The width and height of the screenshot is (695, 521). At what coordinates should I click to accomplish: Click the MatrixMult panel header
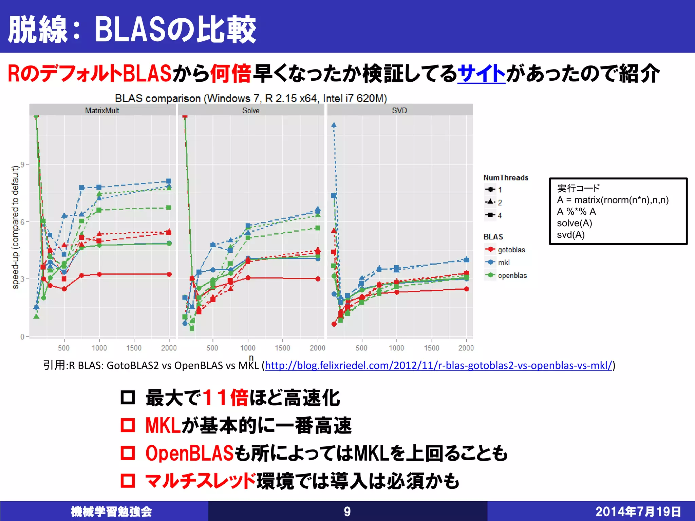(x=102, y=110)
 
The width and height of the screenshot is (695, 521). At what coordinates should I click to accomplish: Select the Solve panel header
(x=251, y=110)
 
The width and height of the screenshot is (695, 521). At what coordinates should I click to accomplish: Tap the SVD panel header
(x=399, y=110)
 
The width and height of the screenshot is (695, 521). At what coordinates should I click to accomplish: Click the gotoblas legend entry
(x=511, y=250)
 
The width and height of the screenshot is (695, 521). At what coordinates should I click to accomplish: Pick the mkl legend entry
(x=504, y=263)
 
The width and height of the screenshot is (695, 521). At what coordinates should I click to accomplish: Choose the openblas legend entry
(x=512, y=275)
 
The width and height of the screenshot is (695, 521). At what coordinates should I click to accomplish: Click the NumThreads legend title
(x=506, y=177)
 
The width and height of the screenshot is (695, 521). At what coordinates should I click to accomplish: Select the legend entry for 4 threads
(x=500, y=215)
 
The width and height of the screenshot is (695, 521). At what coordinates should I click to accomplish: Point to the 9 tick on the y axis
(x=22, y=165)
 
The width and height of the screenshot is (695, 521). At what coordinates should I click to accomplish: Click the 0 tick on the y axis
(x=22, y=336)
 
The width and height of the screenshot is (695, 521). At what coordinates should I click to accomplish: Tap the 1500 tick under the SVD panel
(x=431, y=348)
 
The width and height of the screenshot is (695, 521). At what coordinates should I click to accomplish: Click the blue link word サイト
(x=481, y=74)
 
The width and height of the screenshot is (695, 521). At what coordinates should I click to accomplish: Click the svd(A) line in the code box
(x=571, y=235)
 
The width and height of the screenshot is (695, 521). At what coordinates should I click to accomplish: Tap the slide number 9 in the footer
(x=347, y=512)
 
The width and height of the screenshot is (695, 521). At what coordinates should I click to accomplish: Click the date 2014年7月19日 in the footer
(x=638, y=512)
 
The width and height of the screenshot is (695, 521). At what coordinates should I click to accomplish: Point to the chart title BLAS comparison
(x=251, y=98)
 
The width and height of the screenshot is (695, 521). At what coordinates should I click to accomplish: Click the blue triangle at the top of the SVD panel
(x=334, y=125)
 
